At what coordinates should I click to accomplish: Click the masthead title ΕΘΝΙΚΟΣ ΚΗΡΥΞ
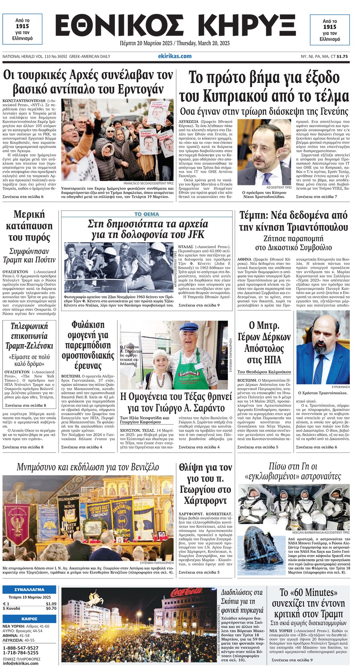175,26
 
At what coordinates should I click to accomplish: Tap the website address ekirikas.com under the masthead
175,56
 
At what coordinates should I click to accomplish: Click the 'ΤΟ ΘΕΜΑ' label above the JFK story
147,214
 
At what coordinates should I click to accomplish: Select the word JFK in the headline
196,235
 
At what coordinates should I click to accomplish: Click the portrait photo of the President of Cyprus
264,152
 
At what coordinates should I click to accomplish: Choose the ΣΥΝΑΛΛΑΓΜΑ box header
29,590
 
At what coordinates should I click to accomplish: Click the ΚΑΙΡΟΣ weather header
29,619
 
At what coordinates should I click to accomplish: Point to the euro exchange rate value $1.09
51,604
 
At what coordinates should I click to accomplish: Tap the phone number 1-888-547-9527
21,648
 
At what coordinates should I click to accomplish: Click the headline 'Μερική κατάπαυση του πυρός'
29,226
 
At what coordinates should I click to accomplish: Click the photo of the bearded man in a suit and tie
322,347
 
